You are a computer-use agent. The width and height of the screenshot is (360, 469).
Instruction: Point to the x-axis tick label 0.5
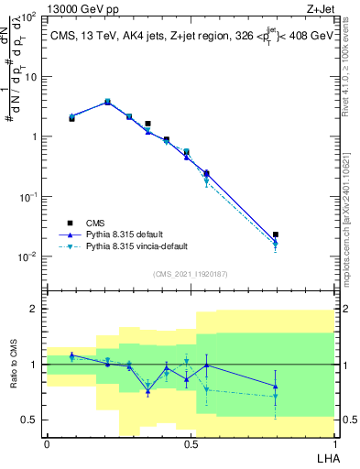click(191, 444)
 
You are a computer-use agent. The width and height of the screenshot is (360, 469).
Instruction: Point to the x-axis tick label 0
click(47, 444)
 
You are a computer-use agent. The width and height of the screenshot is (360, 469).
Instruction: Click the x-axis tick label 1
click(334, 444)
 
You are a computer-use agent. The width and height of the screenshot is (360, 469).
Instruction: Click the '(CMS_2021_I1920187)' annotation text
click(190, 273)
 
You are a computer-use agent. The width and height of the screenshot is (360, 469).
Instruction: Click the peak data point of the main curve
click(107, 102)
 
